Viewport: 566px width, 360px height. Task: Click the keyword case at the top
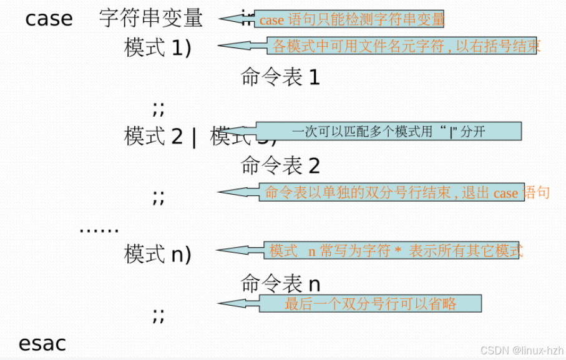49,19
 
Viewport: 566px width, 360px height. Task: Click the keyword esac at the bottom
42,344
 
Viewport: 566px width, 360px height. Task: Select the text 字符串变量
150,18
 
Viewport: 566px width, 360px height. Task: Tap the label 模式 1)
158,48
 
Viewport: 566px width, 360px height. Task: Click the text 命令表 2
280,165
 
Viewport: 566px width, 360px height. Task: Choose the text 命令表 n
280,284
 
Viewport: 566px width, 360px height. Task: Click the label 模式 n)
158,254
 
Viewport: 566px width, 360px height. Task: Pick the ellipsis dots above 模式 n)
99,230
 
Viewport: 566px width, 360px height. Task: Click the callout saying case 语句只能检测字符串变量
351,19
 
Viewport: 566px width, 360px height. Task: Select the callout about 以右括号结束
406,46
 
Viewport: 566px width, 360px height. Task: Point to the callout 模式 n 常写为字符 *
396,251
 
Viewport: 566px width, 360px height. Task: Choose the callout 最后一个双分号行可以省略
371,304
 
